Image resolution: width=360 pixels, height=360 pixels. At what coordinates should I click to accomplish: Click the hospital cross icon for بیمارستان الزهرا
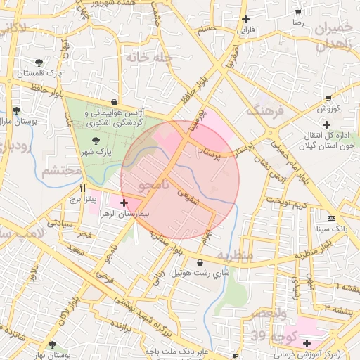click(x=124, y=202)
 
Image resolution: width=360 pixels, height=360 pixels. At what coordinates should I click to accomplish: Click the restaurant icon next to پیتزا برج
click(x=83, y=188)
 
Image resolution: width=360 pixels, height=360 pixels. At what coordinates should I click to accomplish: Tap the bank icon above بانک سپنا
click(x=332, y=219)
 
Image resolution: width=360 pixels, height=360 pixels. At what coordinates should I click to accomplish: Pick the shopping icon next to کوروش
click(x=328, y=99)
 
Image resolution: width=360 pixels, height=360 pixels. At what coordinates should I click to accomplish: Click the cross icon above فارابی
click(x=245, y=20)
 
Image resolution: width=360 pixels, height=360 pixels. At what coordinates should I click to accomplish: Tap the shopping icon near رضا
click(x=298, y=13)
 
